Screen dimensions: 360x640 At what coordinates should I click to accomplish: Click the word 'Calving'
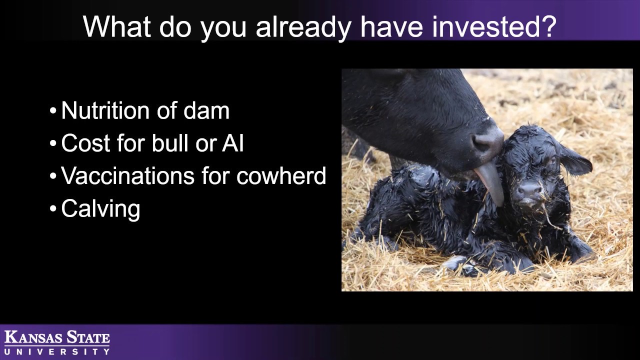[x=100, y=209]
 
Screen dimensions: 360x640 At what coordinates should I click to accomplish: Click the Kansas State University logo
[x=57, y=342]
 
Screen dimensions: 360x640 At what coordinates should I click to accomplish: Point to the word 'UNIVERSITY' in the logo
[x=57, y=351]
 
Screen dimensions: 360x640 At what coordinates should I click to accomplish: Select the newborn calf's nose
[x=529, y=190]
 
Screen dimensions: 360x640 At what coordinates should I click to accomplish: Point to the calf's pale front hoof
[x=456, y=262]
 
